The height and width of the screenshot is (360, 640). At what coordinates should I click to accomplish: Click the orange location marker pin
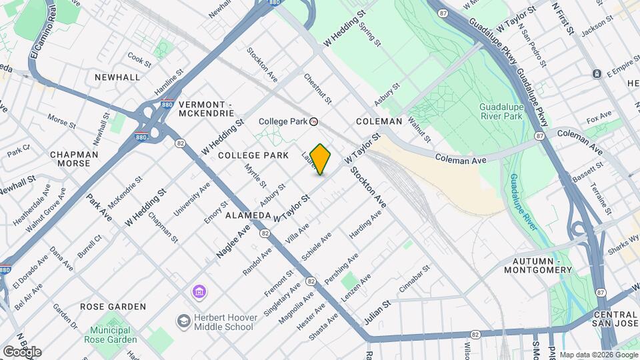tap(321, 159)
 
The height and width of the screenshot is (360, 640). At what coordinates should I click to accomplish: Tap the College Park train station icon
tap(314, 122)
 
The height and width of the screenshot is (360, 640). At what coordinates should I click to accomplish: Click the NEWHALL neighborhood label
tap(117, 77)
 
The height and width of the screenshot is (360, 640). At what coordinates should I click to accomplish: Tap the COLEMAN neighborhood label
tap(379, 121)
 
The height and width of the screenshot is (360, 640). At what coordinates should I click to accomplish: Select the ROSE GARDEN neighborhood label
tap(113, 307)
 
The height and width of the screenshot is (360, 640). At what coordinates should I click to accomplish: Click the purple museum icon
tap(199, 292)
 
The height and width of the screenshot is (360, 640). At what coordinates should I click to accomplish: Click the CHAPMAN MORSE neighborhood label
tap(74, 159)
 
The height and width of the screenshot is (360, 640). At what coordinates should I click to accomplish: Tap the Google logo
tap(22, 351)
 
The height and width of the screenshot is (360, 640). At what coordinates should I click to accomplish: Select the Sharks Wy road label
tap(624, 243)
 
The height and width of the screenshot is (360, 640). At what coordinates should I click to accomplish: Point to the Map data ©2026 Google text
tap(598, 355)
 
